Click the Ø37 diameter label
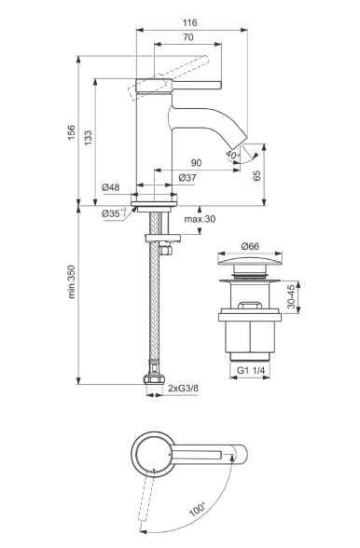click(x=186, y=178)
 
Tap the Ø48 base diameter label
click(x=111, y=187)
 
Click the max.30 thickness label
click(x=200, y=220)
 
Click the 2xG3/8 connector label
click(x=185, y=386)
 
